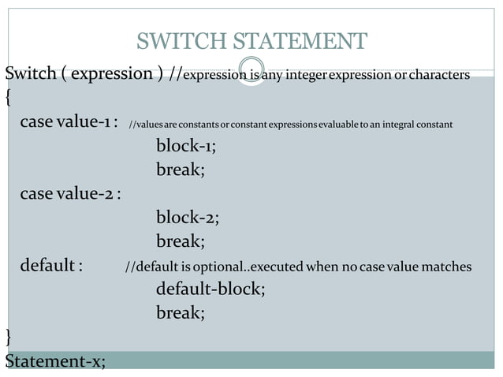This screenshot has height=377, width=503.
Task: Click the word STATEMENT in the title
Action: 295,41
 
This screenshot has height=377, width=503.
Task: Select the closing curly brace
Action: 8,338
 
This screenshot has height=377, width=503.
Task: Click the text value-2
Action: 86,194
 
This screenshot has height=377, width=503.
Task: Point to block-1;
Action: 186,146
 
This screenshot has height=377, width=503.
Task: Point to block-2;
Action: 187,218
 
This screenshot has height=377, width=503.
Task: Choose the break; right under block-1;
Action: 181,170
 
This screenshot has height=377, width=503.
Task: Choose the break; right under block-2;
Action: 181,241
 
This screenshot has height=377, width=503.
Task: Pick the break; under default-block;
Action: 181,313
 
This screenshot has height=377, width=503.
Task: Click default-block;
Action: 211,289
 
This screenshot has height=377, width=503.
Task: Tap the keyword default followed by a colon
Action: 48,266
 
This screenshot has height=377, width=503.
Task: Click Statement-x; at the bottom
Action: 55,361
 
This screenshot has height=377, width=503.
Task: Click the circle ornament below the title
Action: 251,69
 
